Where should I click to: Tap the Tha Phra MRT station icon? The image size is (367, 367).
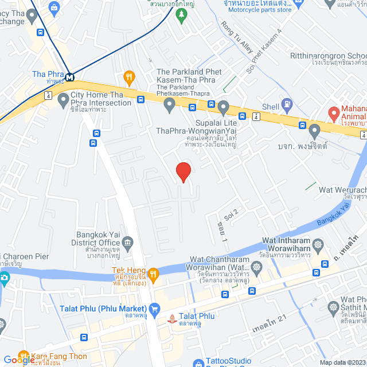[x=69, y=77]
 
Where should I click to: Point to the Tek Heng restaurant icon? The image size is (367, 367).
[x=153, y=274]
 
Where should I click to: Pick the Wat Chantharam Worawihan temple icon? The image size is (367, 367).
[x=255, y=268]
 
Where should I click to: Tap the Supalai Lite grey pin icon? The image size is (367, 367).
[x=224, y=106]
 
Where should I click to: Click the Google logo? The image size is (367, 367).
[x=18, y=360]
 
